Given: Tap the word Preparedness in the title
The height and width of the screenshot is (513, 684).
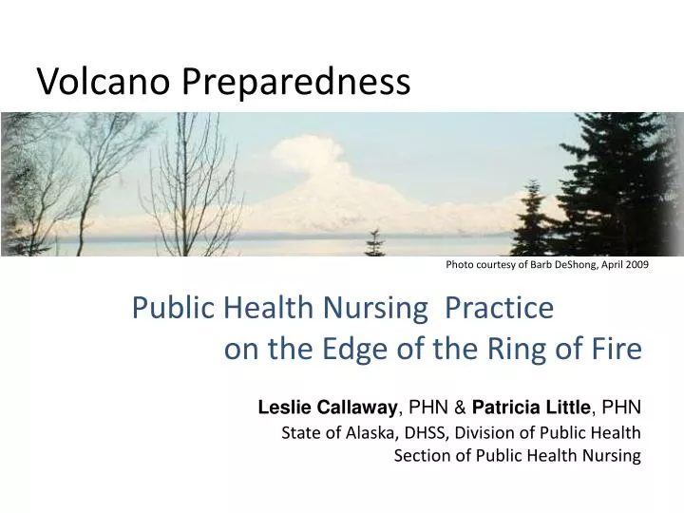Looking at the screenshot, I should pyautogui.click(x=295, y=84).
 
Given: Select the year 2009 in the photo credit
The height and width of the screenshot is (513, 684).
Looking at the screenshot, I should pyautogui.click(x=636, y=265).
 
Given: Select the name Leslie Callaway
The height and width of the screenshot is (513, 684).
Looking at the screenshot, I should pyautogui.click(x=328, y=408).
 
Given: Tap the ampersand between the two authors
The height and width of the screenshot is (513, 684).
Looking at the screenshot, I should pyautogui.click(x=459, y=408).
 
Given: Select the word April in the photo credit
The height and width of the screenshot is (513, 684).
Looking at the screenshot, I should pyautogui.click(x=606, y=265).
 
